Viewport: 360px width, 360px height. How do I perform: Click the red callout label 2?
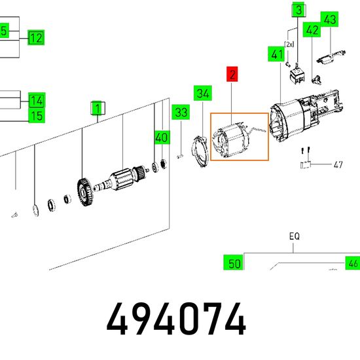[x=232, y=74]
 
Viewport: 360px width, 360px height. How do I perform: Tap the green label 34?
[x=203, y=93]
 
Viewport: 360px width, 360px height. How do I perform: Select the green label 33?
[x=181, y=112]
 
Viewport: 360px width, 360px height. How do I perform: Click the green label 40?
[x=162, y=137]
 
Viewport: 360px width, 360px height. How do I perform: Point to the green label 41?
[x=277, y=54]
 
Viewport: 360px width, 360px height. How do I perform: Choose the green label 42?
[x=312, y=29]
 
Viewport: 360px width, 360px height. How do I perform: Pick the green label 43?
[x=329, y=19]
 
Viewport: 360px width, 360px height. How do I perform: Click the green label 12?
[x=36, y=37]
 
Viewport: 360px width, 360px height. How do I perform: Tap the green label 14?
[x=37, y=100]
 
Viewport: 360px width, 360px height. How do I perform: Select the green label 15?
[x=37, y=115]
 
